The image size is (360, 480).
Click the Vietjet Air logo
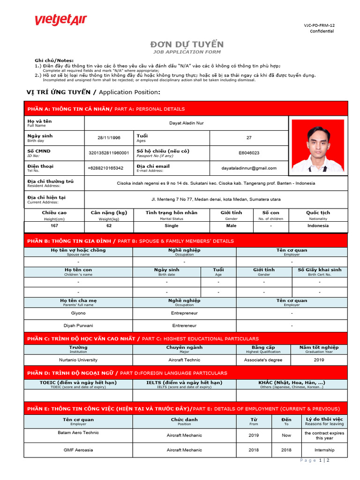pos(60,21)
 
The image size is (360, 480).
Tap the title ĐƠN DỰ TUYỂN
pos(187,45)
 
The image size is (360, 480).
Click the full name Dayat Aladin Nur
pos(186,123)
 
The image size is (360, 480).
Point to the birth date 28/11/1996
pos(109,138)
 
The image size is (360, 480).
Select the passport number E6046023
pos(249,153)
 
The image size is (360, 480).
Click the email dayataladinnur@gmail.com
pos(249,168)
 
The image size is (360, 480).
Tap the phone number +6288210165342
pos(105,168)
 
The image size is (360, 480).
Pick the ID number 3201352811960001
pos(109,153)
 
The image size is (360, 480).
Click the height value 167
pos(54,225)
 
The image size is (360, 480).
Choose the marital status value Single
pos(172,225)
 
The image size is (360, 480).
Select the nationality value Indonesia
pos(318,225)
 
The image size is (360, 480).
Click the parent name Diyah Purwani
pos(78,325)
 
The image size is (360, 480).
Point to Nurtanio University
pos(78,360)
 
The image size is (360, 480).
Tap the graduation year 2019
pos(319,360)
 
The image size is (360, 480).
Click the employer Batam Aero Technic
pos(78,433)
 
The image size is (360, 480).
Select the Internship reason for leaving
pos(324,450)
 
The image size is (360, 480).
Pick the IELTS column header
pos(184,384)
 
